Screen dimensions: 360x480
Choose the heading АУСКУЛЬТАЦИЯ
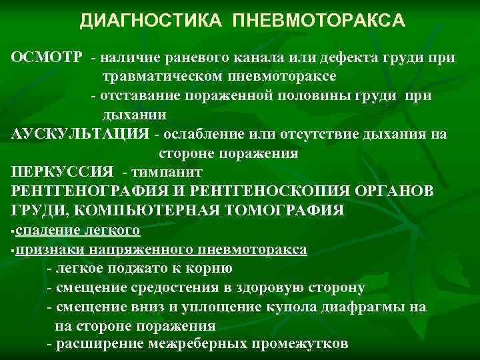click(x=80, y=134)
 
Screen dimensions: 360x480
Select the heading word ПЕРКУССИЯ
click(x=61, y=172)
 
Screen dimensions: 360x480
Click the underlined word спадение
click(x=42, y=231)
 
